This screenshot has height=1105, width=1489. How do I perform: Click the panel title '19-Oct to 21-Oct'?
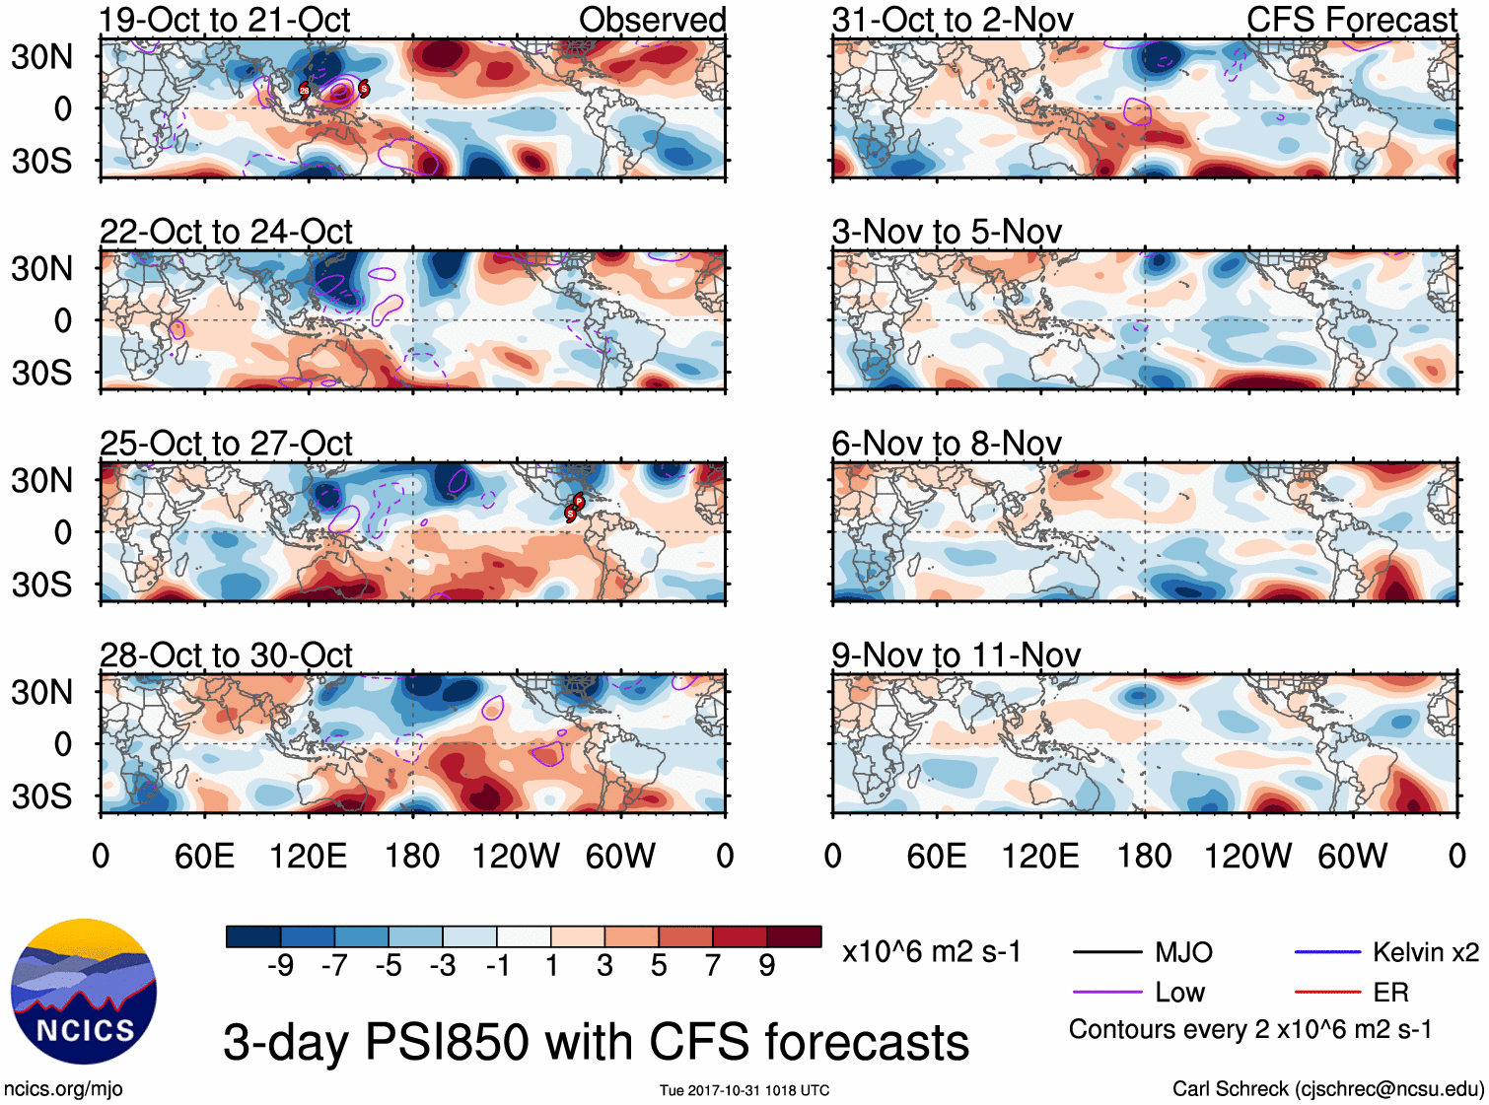[x=225, y=20]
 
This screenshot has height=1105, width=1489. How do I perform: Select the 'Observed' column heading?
[x=652, y=20]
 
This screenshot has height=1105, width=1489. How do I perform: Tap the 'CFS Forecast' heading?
[x=1351, y=20]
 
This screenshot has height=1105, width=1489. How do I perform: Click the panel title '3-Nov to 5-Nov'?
[x=947, y=232]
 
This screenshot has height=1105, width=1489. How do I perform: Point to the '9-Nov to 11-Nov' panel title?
[x=956, y=656]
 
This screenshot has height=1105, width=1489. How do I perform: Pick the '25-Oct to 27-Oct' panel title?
[x=226, y=444]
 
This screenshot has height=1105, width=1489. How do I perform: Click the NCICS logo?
[x=84, y=992]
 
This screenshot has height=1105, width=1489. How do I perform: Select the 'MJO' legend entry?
[x=1183, y=952]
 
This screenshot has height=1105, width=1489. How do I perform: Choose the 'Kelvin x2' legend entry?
[x=1425, y=952]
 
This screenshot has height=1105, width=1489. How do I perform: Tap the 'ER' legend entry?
[x=1390, y=993]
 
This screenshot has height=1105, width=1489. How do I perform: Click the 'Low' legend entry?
[x=1179, y=993]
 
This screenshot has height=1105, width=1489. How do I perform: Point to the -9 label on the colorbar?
[x=280, y=966]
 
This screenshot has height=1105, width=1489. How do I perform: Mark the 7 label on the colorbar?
[x=713, y=966]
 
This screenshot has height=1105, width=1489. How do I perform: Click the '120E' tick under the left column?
[x=308, y=856]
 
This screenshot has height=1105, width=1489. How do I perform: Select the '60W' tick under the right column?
[x=1352, y=856]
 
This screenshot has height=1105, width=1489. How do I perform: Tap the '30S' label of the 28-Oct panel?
[x=41, y=796]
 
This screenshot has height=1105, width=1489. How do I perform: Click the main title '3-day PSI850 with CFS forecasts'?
[x=596, y=1042]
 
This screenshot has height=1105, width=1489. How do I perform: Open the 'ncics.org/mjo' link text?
[x=63, y=1089]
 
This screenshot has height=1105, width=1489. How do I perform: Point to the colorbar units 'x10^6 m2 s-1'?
[x=931, y=952]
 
